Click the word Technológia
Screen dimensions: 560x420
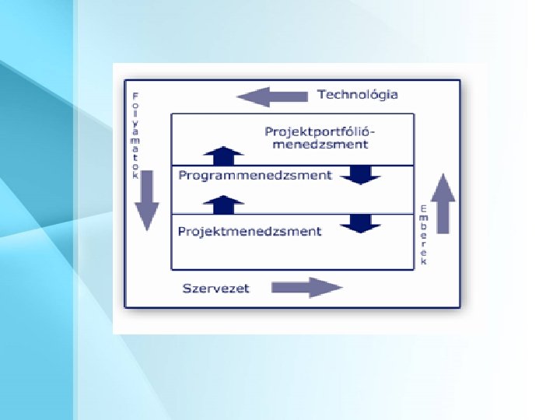357,94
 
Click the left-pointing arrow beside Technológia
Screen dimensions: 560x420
262,97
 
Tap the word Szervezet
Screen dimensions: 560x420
216,288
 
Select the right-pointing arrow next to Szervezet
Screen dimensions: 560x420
306,288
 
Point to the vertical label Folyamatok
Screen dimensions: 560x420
135,136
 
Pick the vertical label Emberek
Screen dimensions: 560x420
424,235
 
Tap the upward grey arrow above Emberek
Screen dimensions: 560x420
443,202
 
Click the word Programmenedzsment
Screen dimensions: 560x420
255,175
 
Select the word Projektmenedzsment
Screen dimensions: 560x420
250,231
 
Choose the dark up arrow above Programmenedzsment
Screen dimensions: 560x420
224,154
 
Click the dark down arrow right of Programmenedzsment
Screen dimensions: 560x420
360,174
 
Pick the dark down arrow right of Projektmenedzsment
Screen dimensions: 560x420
360,223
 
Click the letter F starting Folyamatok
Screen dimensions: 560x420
135,96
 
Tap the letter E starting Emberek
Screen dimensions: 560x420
424,208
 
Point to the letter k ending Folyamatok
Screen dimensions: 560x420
135,176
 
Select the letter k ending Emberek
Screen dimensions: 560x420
424,262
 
